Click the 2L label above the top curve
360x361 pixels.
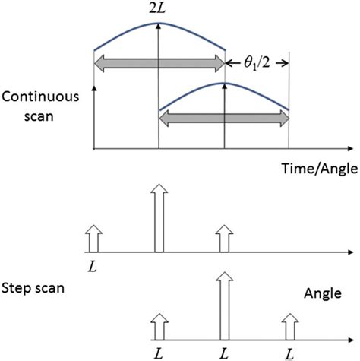pos(159,9)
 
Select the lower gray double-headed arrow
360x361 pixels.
pos(224,116)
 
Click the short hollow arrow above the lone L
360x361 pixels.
pos(93,239)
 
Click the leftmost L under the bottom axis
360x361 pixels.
pos(158,351)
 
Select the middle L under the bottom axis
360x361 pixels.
pos(223,351)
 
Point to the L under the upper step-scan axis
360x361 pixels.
pos(92,264)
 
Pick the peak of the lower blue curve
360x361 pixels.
pos(224,82)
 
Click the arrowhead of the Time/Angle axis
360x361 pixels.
pos(351,148)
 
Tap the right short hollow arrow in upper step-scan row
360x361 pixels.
pos(223,239)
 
